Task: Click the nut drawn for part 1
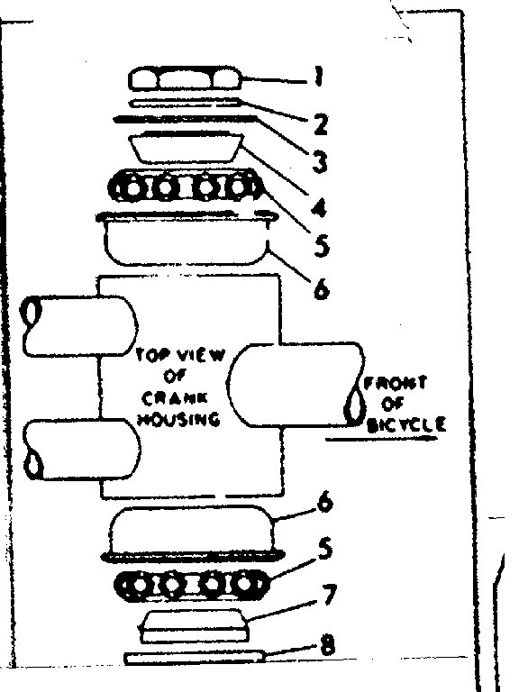(x=187, y=80)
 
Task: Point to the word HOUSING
(x=179, y=420)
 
